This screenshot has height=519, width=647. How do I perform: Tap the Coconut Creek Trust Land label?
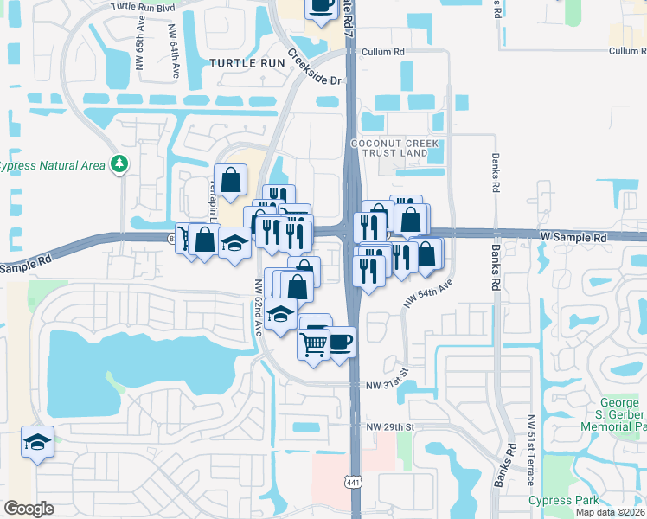click(389, 148)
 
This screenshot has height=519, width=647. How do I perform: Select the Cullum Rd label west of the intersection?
click(383, 52)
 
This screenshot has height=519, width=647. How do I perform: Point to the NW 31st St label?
click(386, 385)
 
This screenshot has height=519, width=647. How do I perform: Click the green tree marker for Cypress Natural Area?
click(119, 164)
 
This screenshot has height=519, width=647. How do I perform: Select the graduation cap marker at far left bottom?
click(37, 442)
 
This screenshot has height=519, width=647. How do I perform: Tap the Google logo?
click(29, 509)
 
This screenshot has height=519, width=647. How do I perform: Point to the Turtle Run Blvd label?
click(144, 5)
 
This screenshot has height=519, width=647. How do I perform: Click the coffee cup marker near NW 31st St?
click(339, 341)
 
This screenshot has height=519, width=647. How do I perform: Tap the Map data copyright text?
click(611, 512)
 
